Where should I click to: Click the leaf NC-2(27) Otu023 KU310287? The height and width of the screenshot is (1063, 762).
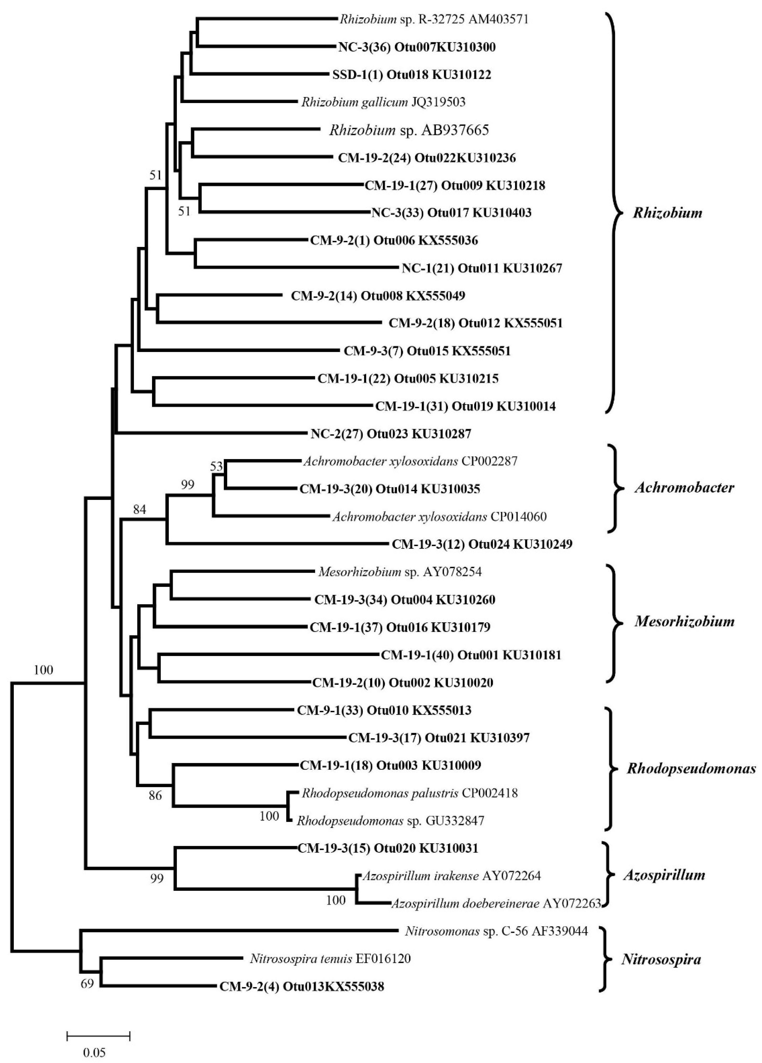click(x=390, y=434)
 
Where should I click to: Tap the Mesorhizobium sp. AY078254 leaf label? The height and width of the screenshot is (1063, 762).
click(x=400, y=572)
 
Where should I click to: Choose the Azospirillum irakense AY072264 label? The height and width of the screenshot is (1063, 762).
click(x=451, y=876)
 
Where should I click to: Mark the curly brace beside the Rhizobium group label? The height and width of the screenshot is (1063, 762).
click(x=614, y=213)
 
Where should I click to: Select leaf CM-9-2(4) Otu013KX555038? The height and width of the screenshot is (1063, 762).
click(x=302, y=987)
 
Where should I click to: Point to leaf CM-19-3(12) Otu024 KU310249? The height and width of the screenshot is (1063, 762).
click(x=482, y=544)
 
